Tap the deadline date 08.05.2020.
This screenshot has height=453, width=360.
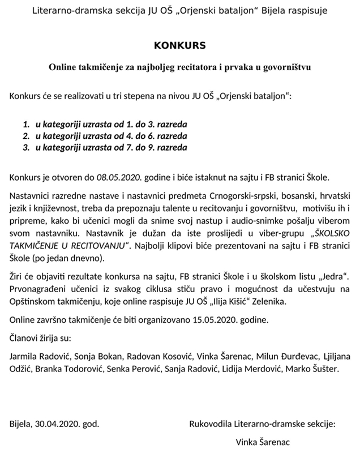click(118, 177)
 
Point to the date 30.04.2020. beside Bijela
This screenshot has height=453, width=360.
click(58, 423)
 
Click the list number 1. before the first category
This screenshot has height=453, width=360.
click(27, 123)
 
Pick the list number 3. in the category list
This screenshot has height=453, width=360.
click(27, 147)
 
